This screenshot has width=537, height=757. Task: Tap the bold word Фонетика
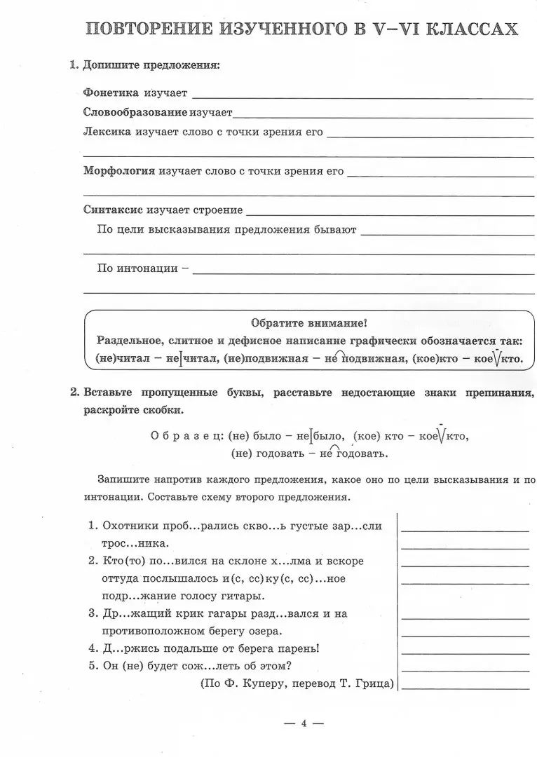pyautogui.click(x=111, y=93)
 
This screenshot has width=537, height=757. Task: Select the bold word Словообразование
pyautogui.click(x=135, y=112)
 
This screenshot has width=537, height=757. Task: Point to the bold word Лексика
pyautogui.click(x=107, y=132)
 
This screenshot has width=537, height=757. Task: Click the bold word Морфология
pyautogui.click(x=118, y=171)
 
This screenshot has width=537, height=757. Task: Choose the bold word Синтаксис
pyautogui.click(x=113, y=210)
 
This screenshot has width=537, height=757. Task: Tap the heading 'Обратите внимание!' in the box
pyautogui.click(x=308, y=323)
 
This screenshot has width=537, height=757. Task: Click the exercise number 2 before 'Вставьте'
pyautogui.click(x=74, y=393)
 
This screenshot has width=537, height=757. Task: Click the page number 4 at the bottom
pyautogui.click(x=304, y=723)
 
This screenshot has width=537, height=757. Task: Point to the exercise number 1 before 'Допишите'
pyautogui.click(x=73, y=65)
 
